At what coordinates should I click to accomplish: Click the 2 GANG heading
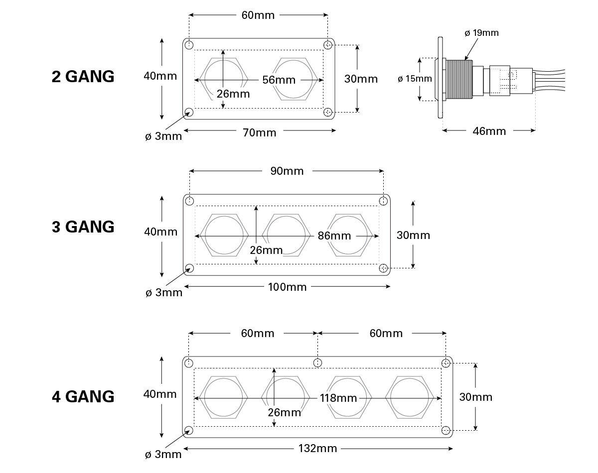point(83,77)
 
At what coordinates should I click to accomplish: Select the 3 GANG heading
point(83,227)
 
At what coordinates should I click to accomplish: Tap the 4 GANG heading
point(83,397)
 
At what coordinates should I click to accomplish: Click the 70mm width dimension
point(259,132)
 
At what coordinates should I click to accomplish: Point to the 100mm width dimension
point(287,287)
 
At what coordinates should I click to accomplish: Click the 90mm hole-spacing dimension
point(287,171)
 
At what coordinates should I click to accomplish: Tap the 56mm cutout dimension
point(279,80)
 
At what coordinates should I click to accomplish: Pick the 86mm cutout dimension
point(334,236)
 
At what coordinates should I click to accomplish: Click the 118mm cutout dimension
point(339,398)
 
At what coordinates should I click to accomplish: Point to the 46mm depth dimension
point(489,131)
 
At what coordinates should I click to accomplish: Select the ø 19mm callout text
point(481,33)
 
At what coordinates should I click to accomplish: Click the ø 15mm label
point(415,79)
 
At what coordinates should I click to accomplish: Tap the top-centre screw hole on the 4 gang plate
point(318,362)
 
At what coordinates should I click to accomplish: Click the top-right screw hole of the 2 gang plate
point(328,45)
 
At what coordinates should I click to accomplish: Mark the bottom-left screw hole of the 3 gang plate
point(189,268)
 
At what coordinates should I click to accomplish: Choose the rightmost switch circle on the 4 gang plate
point(410,398)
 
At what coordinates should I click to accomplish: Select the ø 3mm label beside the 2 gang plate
point(163,136)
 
